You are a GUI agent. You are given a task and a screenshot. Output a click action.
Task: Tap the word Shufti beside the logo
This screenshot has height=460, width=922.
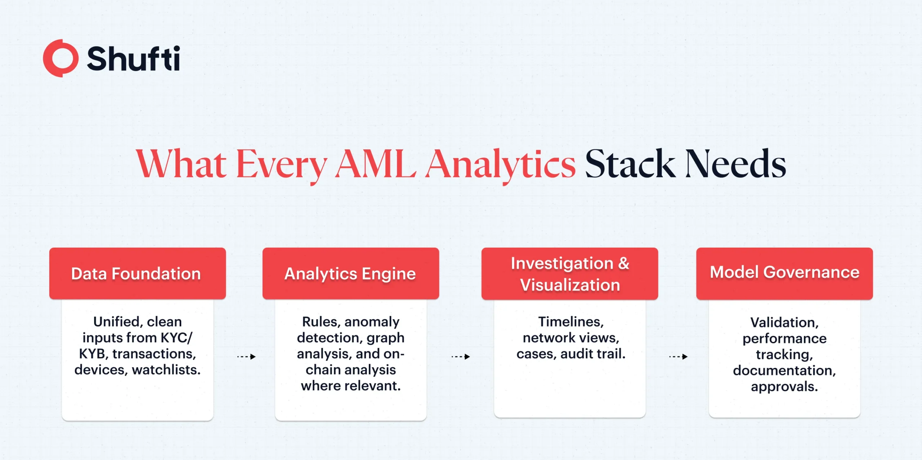click(x=133, y=59)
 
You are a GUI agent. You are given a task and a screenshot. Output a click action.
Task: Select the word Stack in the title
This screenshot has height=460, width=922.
click(x=630, y=164)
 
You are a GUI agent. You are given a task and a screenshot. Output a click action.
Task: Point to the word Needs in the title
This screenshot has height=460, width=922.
click(x=735, y=164)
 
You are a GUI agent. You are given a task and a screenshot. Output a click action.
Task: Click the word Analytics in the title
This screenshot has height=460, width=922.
click(x=501, y=166)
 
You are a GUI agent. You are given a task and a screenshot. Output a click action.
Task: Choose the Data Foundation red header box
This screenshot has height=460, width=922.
click(x=138, y=273)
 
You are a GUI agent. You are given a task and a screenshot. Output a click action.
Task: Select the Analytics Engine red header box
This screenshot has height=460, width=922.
click(x=351, y=273)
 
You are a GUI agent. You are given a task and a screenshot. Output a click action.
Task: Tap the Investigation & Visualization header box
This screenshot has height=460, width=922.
click(x=570, y=274)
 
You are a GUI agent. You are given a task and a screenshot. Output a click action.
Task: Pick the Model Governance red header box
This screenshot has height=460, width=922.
click(x=784, y=274)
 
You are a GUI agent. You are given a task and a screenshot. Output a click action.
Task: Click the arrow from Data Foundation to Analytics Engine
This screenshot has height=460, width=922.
click(x=246, y=357)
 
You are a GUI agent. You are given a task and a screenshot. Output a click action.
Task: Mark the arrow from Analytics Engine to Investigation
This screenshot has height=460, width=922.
click(x=461, y=357)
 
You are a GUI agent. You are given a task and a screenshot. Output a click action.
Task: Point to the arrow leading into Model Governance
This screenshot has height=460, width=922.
click(x=678, y=357)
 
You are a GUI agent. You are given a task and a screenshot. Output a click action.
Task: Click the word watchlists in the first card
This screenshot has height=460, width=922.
click(x=166, y=370)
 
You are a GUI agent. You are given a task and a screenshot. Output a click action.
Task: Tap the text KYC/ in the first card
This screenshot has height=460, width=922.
click(x=176, y=338)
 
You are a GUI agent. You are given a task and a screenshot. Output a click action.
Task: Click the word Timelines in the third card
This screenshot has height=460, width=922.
click(x=571, y=322)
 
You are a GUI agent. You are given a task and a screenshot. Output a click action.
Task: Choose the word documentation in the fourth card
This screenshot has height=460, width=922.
click(x=784, y=370)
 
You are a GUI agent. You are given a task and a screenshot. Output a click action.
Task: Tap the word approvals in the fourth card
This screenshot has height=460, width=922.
click(x=784, y=387)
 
